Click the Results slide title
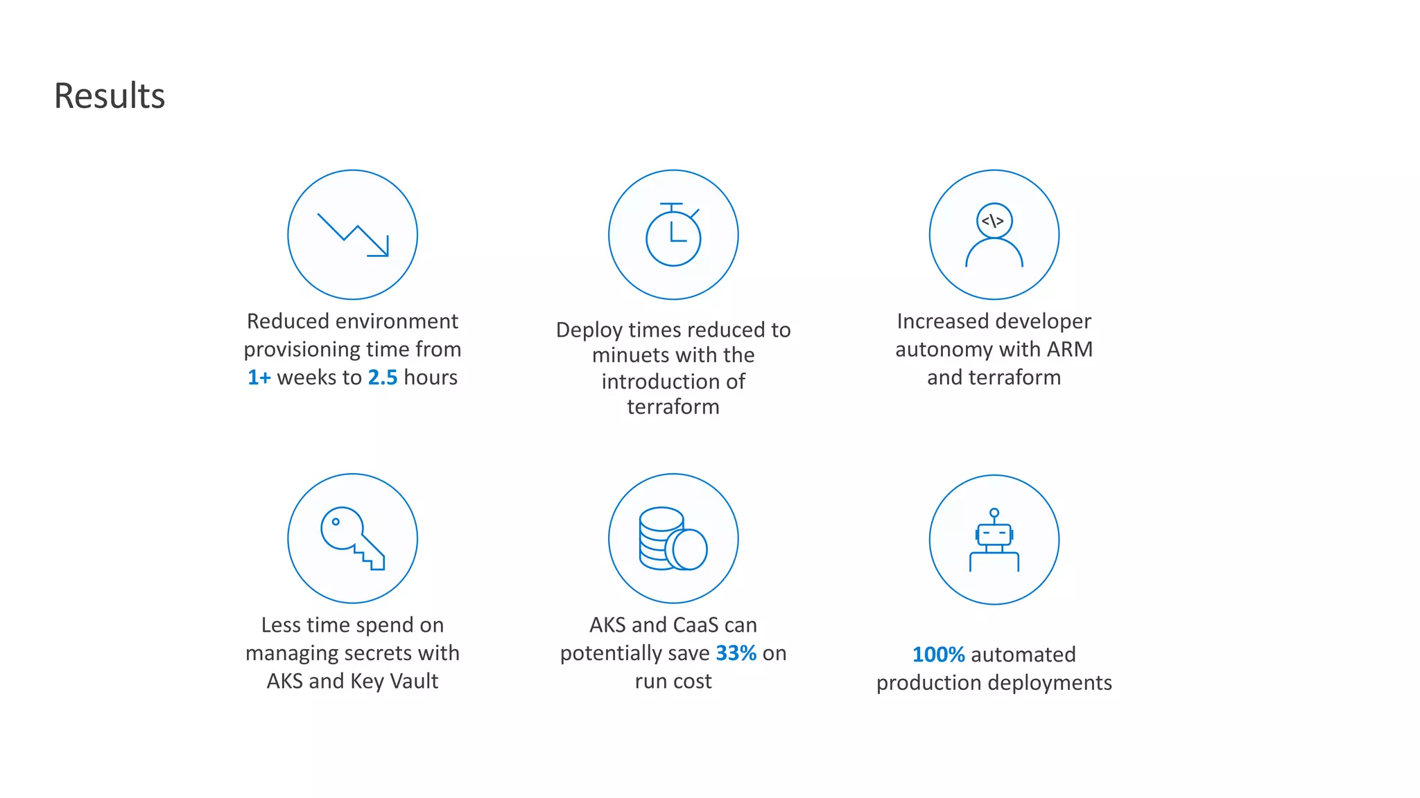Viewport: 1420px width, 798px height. (x=110, y=96)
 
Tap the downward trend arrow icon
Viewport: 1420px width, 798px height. (x=353, y=235)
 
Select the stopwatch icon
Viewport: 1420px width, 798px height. (x=673, y=235)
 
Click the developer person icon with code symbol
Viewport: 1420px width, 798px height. (x=994, y=235)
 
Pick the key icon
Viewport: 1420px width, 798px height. (x=353, y=538)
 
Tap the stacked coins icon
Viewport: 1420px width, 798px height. (x=673, y=538)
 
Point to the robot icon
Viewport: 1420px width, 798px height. (x=994, y=540)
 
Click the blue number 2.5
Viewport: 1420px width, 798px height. (x=383, y=378)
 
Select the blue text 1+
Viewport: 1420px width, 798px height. (x=259, y=378)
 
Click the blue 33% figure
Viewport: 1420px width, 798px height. (x=736, y=653)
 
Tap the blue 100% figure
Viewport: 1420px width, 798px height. (x=939, y=655)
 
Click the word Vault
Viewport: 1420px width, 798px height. (x=414, y=681)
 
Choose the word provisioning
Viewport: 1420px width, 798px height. (x=301, y=350)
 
